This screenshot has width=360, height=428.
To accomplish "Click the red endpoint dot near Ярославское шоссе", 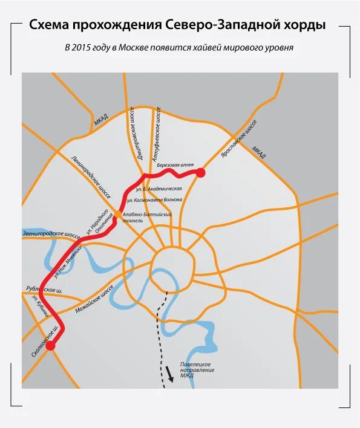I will coord(200,173).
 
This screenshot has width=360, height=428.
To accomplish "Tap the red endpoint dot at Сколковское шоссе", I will coord(51,346).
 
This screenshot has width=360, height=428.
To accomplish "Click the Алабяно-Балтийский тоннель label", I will coord(148,217).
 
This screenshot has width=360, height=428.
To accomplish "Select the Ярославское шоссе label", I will coord(239,138).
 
